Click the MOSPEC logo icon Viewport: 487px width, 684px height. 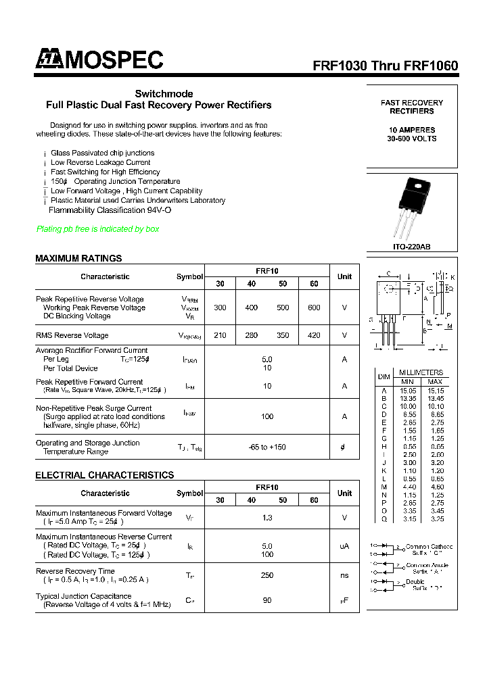(x=48, y=60)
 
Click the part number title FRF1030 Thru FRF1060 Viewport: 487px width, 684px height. (x=385, y=66)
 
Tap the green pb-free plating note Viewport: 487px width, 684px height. (x=97, y=229)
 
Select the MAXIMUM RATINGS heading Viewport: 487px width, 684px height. (x=78, y=258)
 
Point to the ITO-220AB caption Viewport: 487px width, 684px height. (x=411, y=247)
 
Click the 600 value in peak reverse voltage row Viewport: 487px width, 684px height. (x=314, y=308)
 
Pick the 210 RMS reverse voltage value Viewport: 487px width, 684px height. (x=220, y=335)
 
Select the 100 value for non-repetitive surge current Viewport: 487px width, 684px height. (x=267, y=417)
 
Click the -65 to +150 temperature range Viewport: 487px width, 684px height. (x=267, y=447)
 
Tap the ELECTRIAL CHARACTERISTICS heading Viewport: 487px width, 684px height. (x=104, y=475)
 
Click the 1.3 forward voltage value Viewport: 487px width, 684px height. (x=267, y=518)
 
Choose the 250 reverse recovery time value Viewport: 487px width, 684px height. (x=267, y=576)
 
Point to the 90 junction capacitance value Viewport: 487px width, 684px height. (x=267, y=600)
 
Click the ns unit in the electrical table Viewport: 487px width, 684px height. (x=344, y=576)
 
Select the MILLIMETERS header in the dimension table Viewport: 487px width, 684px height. (x=421, y=372)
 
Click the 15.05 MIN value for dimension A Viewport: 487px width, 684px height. (x=408, y=391)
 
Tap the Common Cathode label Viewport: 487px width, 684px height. (x=429, y=547)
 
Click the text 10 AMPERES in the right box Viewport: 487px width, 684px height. (x=412, y=130)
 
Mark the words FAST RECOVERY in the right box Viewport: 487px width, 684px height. (x=412, y=103)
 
